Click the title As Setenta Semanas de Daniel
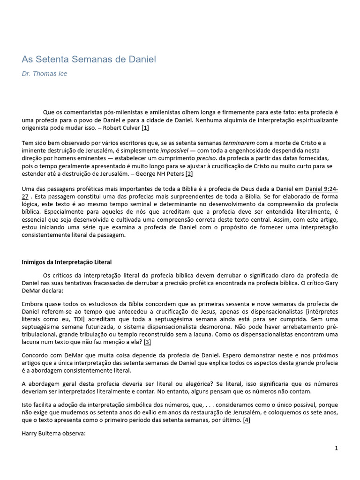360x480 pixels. point(89,60)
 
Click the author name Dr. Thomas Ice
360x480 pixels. point(45,74)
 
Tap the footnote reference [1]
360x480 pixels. point(145,128)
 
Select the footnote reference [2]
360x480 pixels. point(189,174)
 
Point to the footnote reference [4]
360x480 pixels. point(247,420)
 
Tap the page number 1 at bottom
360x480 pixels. point(336,449)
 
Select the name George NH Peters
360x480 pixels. point(162,174)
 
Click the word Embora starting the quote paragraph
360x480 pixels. point(33,304)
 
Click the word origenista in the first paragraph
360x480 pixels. point(37,128)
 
